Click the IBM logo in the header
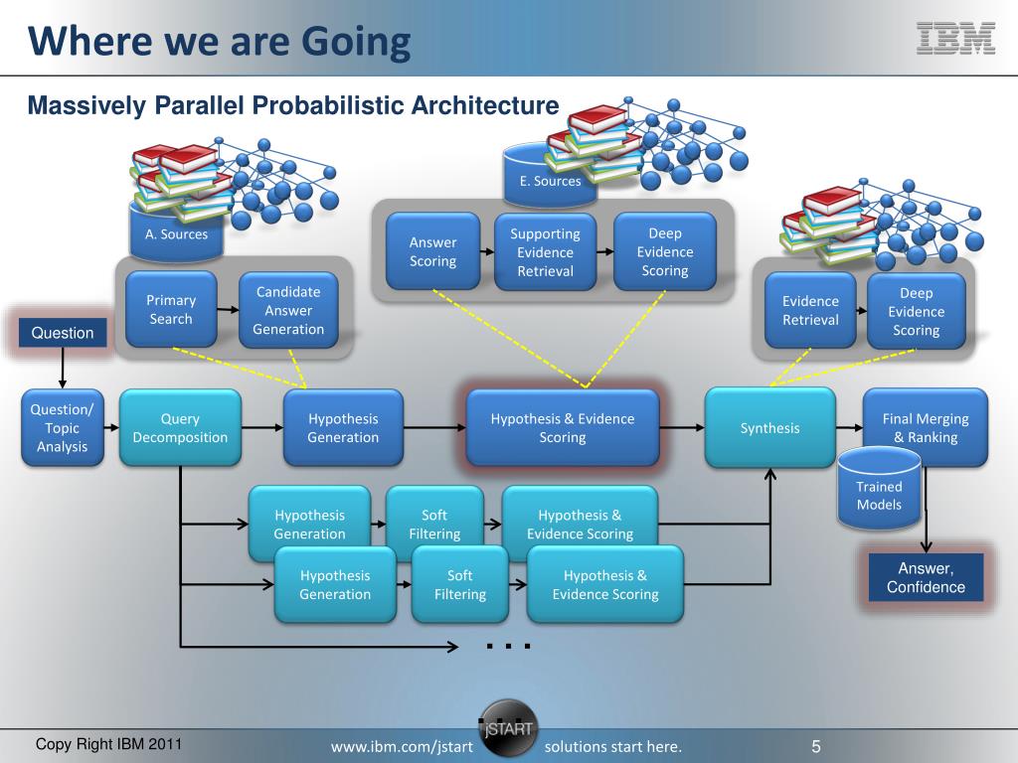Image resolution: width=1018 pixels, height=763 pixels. coord(954,37)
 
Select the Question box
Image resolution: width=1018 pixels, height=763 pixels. coord(63,333)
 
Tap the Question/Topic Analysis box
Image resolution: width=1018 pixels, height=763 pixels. coord(63,428)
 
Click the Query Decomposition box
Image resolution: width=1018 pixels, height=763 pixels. coord(180,428)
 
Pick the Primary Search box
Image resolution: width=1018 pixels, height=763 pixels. coord(171,309)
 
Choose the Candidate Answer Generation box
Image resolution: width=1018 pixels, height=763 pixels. coord(288,310)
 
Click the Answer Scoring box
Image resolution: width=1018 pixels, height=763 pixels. coord(432,251)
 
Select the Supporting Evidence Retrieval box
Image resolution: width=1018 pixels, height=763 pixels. coord(545,252)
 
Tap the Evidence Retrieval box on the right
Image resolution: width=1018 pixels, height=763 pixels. coord(810,310)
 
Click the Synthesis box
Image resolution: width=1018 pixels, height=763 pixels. coord(769,428)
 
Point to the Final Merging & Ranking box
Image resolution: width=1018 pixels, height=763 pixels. coord(925,428)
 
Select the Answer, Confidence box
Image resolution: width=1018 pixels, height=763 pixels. coord(926,577)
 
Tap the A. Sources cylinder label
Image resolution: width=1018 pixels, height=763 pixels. coord(176,234)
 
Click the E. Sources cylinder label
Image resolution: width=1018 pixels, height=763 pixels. coord(550,181)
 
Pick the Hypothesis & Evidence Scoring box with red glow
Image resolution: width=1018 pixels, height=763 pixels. coord(563,428)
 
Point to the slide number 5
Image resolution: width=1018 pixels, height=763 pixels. coord(815,746)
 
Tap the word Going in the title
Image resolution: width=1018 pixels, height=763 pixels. coord(355,43)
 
